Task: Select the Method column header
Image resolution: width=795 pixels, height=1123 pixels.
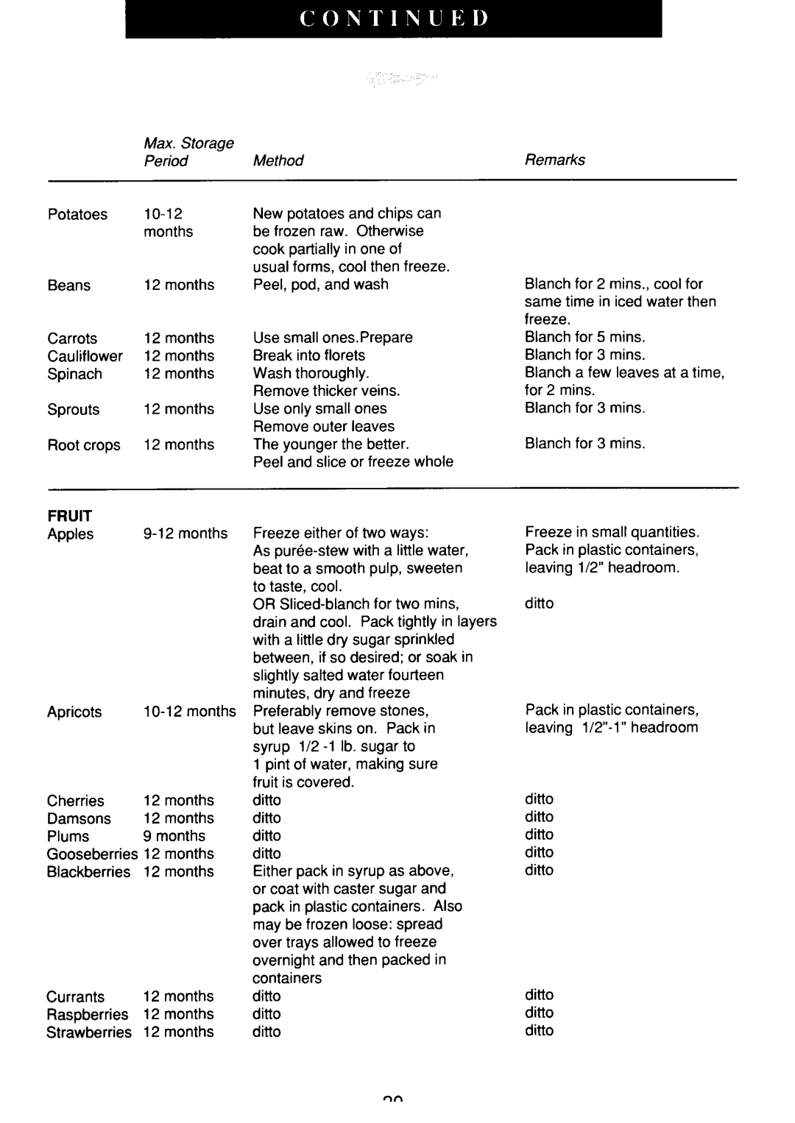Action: pyautogui.click(x=278, y=160)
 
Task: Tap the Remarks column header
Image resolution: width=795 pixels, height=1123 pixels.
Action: pyautogui.click(x=554, y=160)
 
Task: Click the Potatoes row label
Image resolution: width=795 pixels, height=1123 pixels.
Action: pyautogui.click(x=77, y=214)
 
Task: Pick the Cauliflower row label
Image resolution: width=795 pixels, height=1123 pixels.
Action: pyautogui.click(x=85, y=356)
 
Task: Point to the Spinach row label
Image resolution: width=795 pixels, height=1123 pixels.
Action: pyautogui.click(x=74, y=374)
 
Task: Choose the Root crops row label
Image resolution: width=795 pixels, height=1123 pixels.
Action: pyautogui.click(x=84, y=445)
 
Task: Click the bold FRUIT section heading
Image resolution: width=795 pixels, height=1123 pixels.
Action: pyautogui.click(x=70, y=516)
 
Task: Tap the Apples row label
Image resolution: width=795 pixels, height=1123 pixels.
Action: pyautogui.click(x=71, y=534)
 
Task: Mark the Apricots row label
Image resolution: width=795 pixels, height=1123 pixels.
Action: pyautogui.click(x=74, y=712)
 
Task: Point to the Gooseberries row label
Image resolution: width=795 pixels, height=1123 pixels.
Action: pyautogui.click(x=92, y=854)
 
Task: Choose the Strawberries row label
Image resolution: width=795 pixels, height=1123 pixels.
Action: pyautogui.click(x=89, y=1032)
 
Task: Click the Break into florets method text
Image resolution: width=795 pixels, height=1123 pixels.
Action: pyautogui.click(x=309, y=355)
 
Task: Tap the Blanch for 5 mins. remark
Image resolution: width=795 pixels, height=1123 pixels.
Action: pyautogui.click(x=584, y=337)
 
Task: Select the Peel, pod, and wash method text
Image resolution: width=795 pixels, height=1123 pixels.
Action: pyautogui.click(x=321, y=284)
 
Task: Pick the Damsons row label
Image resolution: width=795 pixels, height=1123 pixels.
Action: pyautogui.click(x=79, y=819)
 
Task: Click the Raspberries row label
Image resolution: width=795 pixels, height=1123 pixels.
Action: pyautogui.click(x=87, y=1015)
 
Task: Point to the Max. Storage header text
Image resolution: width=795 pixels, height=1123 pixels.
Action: pyautogui.click(x=188, y=143)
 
